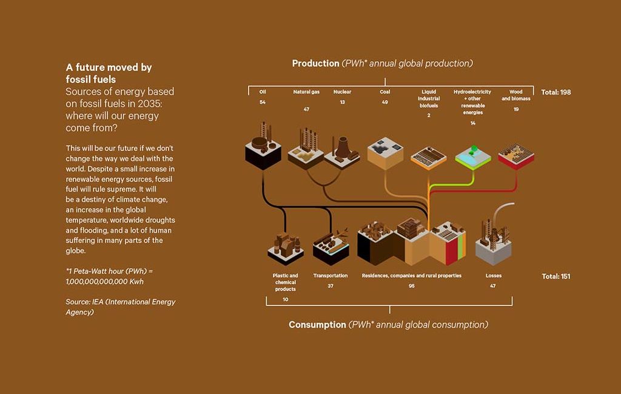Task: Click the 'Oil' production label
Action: [x=263, y=92]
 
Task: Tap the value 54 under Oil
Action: [x=263, y=102]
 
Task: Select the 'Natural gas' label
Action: [x=306, y=92]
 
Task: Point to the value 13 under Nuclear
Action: [x=342, y=102]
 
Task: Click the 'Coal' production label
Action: [x=384, y=92]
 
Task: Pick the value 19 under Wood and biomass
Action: [x=515, y=109]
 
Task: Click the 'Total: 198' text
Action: [x=556, y=93]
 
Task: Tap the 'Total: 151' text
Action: [x=556, y=276]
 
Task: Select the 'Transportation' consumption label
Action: [x=331, y=276]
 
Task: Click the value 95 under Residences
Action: [x=411, y=286]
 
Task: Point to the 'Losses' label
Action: [x=493, y=276]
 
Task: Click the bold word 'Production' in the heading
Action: [x=315, y=64]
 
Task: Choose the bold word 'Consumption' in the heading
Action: [x=317, y=325]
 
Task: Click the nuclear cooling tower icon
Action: [x=342, y=147]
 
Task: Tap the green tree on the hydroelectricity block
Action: [x=468, y=147]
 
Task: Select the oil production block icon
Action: [x=263, y=145]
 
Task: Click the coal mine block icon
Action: [x=386, y=152]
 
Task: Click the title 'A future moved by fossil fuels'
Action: [x=109, y=73]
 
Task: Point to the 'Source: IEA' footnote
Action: [x=120, y=307]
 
